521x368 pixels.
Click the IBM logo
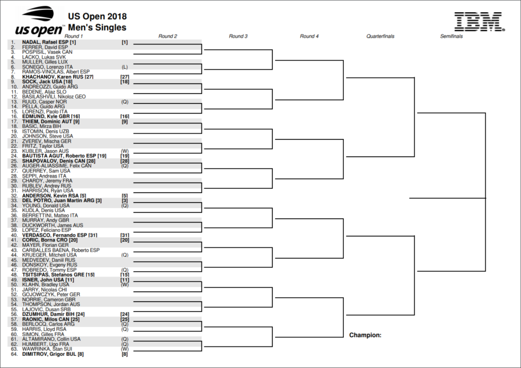coord(479,21)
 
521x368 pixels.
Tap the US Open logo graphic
coord(39,23)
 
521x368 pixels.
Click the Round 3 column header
coord(239,37)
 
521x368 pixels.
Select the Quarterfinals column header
coord(380,37)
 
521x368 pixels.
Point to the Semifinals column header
coord(451,37)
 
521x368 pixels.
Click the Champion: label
coord(365,335)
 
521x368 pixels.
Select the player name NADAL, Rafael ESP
coord(45,42)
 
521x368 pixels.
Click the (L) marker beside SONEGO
coord(124,67)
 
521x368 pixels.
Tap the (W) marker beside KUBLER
coord(124,151)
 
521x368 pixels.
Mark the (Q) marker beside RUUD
coord(124,102)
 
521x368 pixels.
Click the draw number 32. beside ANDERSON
coord(14,196)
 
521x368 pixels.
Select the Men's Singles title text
coord(97,27)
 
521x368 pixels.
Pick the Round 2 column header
coord(168,37)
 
